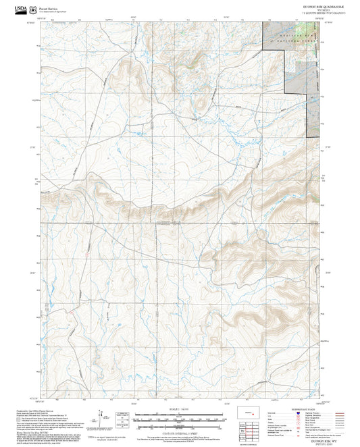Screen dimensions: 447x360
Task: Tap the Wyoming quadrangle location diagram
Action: coord(246,413)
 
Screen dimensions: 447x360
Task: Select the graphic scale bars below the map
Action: coord(179,419)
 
